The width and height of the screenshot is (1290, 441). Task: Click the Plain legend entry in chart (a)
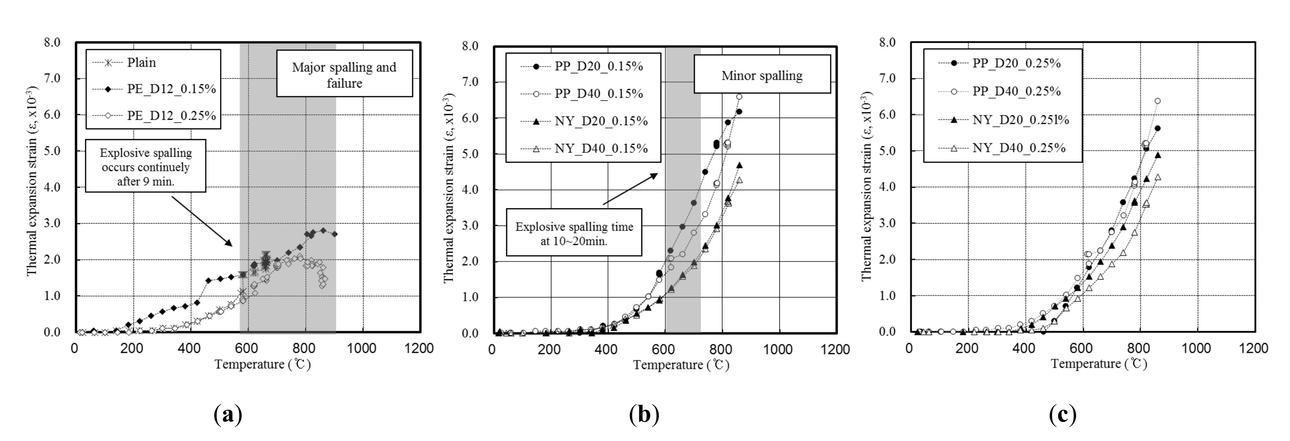coord(141,62)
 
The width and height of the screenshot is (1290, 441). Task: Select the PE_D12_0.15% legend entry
coord(171,89)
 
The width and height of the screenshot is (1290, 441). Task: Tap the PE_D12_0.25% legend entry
coord(171,116)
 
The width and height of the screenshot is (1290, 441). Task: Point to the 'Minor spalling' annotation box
coord(762,76)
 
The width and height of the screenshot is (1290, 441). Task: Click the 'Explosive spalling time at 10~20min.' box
coord(574,233)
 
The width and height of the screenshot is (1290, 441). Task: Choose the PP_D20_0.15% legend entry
coord(598,66)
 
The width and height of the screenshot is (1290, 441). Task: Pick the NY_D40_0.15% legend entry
coord(601,148)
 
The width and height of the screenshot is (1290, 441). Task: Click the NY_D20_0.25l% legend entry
coord(1020,120)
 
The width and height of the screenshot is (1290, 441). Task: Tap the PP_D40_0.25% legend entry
coord(1017,91)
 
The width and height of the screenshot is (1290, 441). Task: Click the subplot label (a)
coord(228,415)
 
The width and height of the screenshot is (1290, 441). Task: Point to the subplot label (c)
coord(1063,415)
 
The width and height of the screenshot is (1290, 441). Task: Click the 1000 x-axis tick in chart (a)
coord(362,348)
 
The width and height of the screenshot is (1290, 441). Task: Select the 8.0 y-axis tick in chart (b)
coord(471,46)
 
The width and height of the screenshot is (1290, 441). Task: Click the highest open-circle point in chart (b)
coord(739,97)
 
